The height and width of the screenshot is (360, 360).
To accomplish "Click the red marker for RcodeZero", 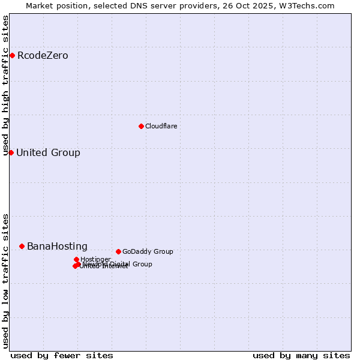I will pyautogui.click(x=12, y=56).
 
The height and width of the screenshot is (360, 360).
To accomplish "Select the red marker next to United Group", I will pyautogui.click(x=11, y=152).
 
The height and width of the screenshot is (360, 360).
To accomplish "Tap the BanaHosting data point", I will pyautogui.click(x=22, y=246).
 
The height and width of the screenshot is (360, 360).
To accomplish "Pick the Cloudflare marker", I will pyautogui.click(x=141, y=126).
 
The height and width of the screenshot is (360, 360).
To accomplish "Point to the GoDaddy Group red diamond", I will pyautogui.click(x=118, y=251).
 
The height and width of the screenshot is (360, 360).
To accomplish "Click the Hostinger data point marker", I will pyautogui.click(x=76, y=259).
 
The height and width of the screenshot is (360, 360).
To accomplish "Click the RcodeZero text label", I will pyautogui.click(x=43, y=56).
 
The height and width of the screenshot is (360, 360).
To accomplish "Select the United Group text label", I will pyautogui.click(x=48, y=152).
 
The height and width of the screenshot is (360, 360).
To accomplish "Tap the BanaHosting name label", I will pyautogui.click(x=57, y=246).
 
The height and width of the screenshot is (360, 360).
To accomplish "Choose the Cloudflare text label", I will pyautogui.click(x=161, y=126).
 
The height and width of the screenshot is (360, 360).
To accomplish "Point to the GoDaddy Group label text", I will pyautogui.click(x=148, y=251).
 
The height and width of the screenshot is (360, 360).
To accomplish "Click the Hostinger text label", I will pyautogui.click(x=95, y=259).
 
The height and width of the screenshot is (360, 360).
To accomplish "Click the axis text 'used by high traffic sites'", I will pyautogui.click(x=5, y=86).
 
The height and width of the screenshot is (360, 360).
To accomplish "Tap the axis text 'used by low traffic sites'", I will pyautogui.click(x=5, y=280).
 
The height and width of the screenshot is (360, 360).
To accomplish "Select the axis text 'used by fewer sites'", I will pyautogui.click(x=62, y=355).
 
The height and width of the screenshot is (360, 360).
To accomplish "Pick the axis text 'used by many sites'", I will pyautogui.click(x=301, y=355).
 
